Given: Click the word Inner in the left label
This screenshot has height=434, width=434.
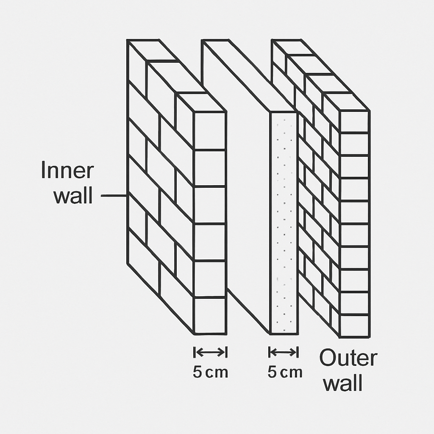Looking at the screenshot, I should point(67,171).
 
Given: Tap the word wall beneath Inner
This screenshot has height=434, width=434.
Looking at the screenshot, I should point(73,196).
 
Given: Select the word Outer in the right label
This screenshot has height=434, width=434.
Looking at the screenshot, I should point(348,359).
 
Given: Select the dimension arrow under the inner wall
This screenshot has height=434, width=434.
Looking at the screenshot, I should point(210,352).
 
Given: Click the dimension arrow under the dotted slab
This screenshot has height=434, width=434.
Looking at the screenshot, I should point(283,352).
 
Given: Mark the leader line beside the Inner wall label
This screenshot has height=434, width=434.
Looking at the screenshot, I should point(114,196).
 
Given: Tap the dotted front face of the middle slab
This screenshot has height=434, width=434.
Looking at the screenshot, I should point(284,223).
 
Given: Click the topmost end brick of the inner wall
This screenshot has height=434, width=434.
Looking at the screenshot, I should point(210,131).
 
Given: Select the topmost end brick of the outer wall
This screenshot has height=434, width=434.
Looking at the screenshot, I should point(354,121).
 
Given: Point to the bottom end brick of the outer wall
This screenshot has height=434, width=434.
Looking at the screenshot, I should point(354,325).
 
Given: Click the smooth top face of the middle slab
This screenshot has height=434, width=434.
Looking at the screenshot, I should point(250,76).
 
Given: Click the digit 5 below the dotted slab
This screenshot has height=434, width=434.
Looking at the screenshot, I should point(273,373).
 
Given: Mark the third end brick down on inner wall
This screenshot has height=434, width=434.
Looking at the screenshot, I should point(210,205).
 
